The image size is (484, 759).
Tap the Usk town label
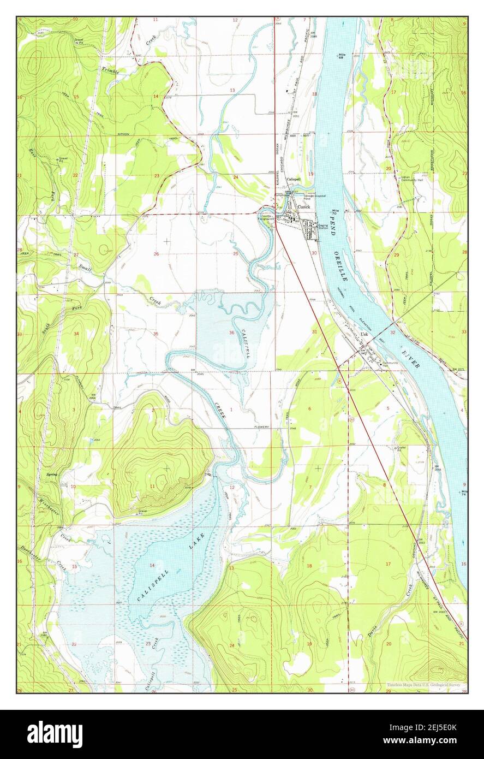[364, 335]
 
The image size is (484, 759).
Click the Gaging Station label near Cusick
[324, 226]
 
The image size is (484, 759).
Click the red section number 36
[232, 333]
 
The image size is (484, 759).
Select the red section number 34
[76, 334]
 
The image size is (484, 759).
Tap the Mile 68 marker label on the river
[357, 56]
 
